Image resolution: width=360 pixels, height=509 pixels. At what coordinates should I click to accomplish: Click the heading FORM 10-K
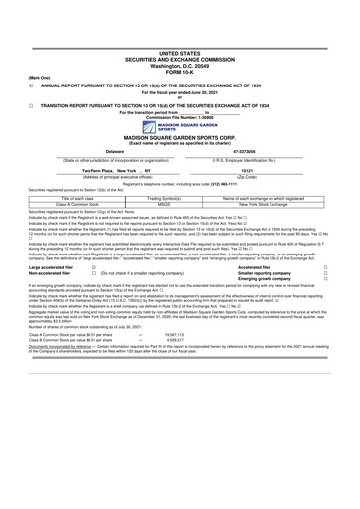[x=179, y=68]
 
